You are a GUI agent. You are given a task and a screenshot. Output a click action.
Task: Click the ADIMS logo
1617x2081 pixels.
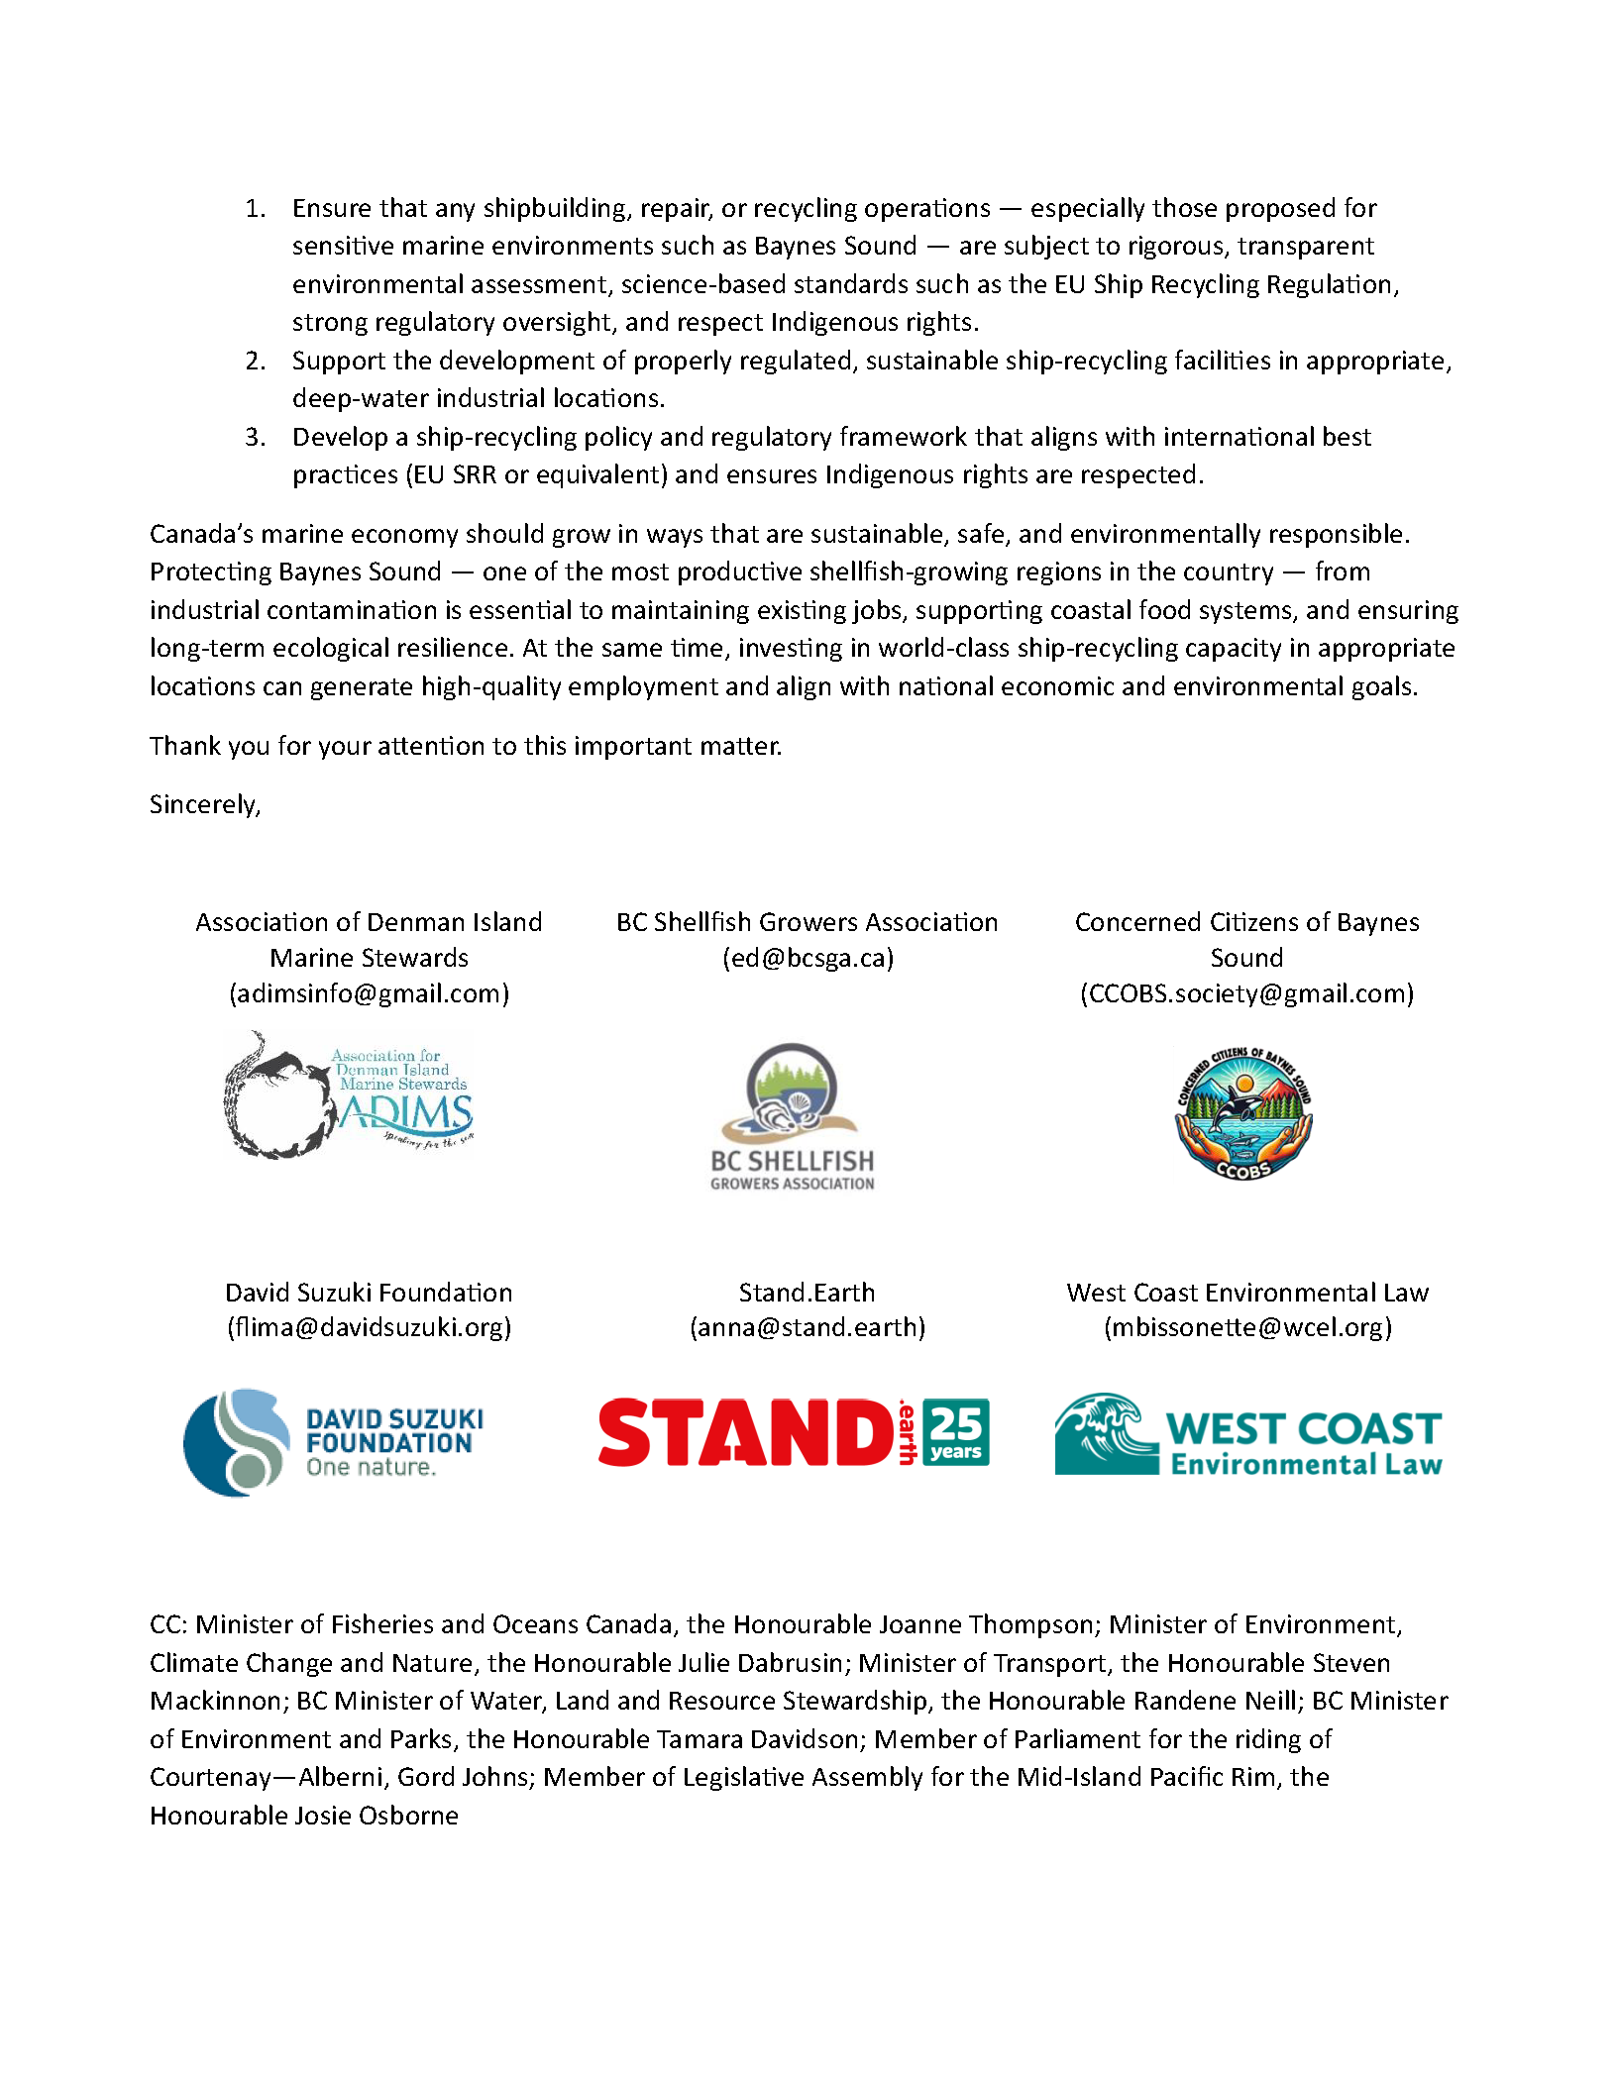[349, 1095]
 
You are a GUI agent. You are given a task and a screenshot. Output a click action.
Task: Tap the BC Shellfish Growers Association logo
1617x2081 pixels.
[793, 1116]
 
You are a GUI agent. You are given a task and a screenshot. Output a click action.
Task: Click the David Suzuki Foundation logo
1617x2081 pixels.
[334, 1441]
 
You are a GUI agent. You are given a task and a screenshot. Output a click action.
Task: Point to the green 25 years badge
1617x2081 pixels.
[955, 1431]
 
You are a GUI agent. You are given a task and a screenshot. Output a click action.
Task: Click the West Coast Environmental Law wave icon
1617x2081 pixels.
[1106, 1433]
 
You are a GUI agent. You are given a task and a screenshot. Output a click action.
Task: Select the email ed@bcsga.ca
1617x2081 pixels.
[808, 958]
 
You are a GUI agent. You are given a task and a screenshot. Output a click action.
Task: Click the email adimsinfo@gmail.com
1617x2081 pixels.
[369, 993]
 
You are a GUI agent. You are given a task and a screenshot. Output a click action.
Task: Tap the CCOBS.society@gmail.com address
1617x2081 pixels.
[1246, 993]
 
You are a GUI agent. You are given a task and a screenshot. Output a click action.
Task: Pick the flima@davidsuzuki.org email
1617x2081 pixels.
[369, 1327]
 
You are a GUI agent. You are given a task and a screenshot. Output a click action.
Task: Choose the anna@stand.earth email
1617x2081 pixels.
[808, 1327]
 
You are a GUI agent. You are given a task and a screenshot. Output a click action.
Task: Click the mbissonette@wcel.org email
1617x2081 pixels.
[1247, 1327]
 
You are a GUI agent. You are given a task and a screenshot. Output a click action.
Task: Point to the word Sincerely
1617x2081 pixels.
[204, 804]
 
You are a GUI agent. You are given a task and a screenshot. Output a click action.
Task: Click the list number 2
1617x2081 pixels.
[255, 361]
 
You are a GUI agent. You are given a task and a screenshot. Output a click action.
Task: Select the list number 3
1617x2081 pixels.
[255, 437]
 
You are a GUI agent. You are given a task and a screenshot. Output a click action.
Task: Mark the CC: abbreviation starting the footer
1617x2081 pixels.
[169, 1624]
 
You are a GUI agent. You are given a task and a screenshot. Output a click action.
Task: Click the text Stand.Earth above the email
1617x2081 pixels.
[807, 1293]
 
